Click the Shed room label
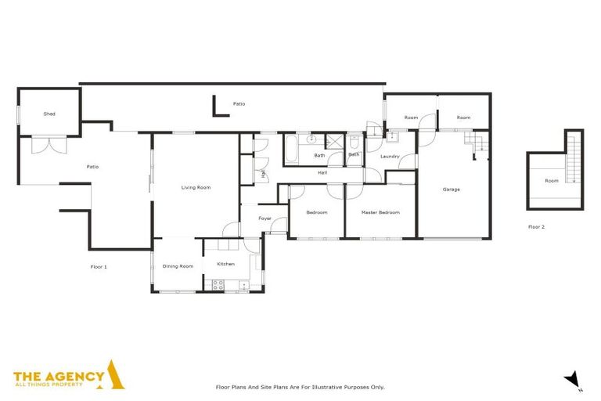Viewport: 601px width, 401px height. [x=49, y=114]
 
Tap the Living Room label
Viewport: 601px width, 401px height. [x=196, y=187]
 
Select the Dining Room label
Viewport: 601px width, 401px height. [x=178, y=266]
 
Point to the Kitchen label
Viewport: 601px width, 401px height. [x=225, y=264]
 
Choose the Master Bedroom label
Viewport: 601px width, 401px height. [x=380, y=212]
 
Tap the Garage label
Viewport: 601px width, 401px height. [x=451, y=190]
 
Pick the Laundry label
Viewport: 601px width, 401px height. [x=390, y=157]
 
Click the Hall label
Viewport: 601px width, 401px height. [x=322, y=172]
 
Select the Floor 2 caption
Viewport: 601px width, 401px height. [x=536, y=226]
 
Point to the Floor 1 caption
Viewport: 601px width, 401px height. [x=99, y=267]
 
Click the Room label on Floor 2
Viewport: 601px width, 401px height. [x=552, y=181]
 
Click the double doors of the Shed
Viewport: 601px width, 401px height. [x=49, y=144]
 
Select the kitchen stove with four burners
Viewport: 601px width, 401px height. [x=218, y=287]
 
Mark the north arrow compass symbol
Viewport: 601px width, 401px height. [x=573, y=379]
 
